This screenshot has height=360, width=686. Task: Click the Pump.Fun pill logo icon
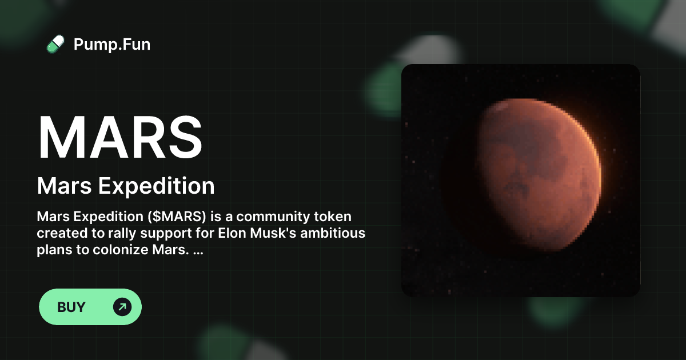(x=55, y=44)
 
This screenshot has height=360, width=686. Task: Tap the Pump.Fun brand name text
(x=112, y=44)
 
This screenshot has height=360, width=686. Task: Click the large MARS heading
(x=120, y=138)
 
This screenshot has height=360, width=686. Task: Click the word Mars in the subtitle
(x=61, y=186)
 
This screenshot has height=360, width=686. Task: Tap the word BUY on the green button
(x=71, y=307)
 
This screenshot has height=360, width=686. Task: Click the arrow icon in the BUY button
(x=122, y=307)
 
